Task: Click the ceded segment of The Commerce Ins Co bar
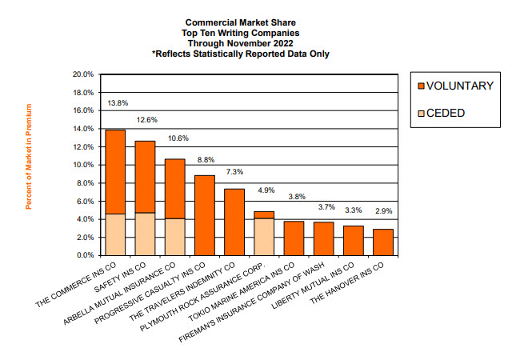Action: tap(115, 234)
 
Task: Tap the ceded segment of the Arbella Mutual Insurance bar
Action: tap(175, 237)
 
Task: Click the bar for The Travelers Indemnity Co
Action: tap(234, 222)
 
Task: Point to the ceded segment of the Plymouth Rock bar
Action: tap(263, 237)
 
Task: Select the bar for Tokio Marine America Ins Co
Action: tap(294, 238)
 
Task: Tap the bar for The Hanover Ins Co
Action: tap(382, 242)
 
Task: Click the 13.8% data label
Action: tap(118, 103)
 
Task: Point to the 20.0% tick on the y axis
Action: tap(84, 74)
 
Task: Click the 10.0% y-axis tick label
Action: tap(84, 165)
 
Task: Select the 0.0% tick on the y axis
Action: tap(86, 255)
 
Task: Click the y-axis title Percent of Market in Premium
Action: tap(30, 157)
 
